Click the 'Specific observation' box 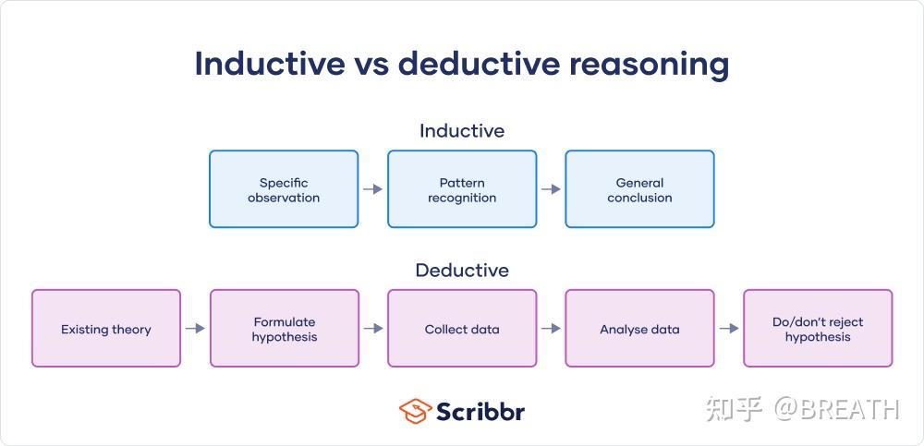coord(284,189)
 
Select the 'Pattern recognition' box coord(462,189)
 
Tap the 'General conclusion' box coord(640,189)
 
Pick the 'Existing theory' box coord(106,328)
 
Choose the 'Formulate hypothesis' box coord(285,328)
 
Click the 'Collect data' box coord(462,328)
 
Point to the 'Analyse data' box coord(640,328)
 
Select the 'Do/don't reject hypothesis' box coord(818,328)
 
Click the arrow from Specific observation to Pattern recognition coord(373,189)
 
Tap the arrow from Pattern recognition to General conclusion coord(551,189)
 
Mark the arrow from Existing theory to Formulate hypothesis coord(195,328)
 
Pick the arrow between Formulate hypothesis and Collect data coord(373,328)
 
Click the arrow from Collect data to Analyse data coord(551,328)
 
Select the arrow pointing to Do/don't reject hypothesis coord(729,328)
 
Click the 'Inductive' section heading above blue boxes coord(462,130)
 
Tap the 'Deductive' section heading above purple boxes coord(462,270)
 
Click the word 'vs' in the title coord(371,65)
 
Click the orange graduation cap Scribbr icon coord(415,411)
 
